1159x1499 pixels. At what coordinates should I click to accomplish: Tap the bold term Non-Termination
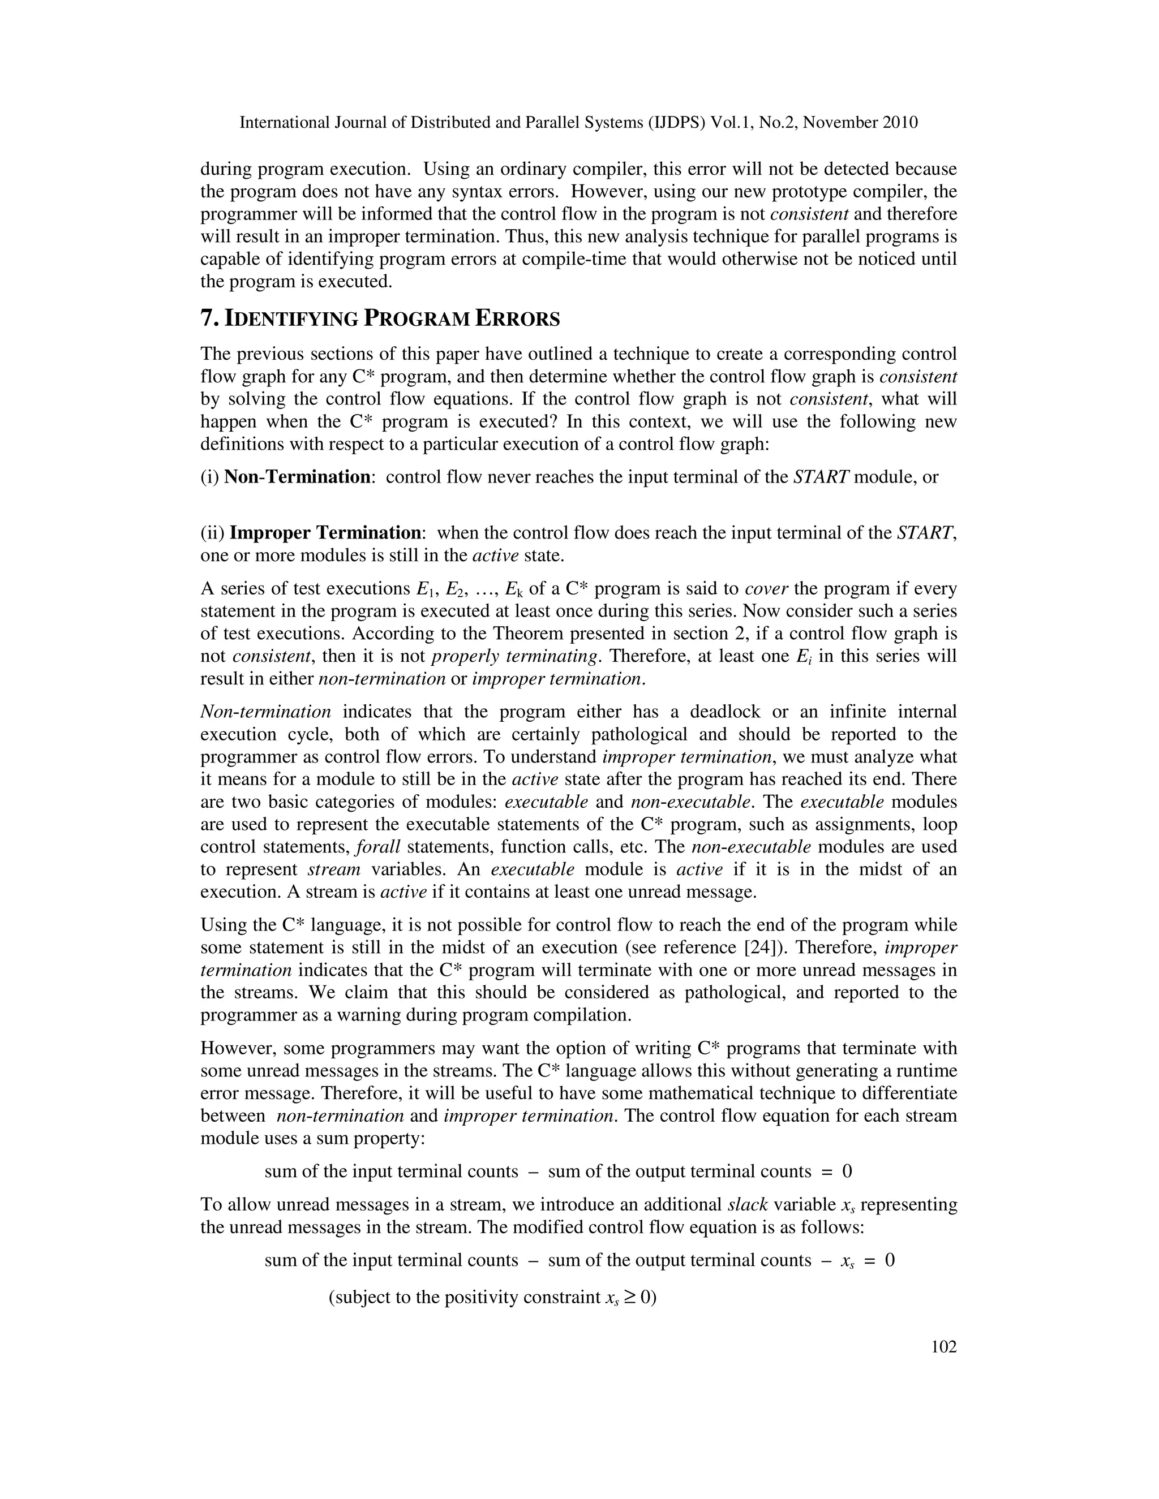click(x=297, y=477)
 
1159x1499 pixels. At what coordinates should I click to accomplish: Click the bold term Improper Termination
click(x=325, y=533)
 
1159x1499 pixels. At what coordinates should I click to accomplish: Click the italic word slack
click(x=747, y=1204)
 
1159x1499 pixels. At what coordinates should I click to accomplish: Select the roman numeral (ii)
click(x=212, y=533)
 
